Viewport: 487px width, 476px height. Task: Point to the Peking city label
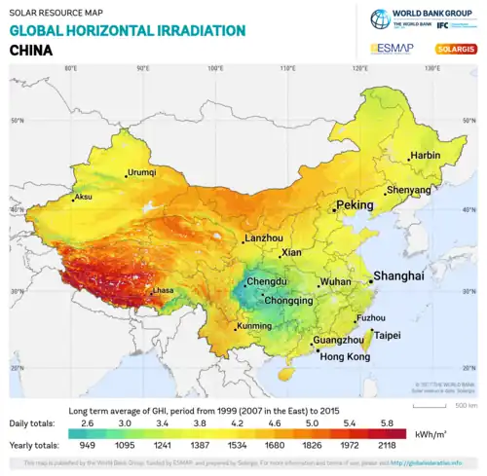[355, 206]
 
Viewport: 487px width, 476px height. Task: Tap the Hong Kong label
[345, 357]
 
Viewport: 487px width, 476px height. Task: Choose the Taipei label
[388, 335]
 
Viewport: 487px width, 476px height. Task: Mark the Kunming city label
[255, 325]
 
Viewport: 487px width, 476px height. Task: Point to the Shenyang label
[409, 190]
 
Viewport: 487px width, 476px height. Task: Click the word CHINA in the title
[31, 49]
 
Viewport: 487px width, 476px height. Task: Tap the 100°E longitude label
[215, 68]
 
